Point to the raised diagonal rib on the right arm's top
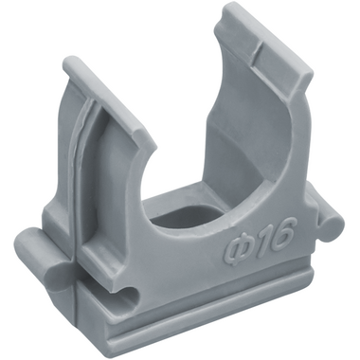click(x=257, y=50)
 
